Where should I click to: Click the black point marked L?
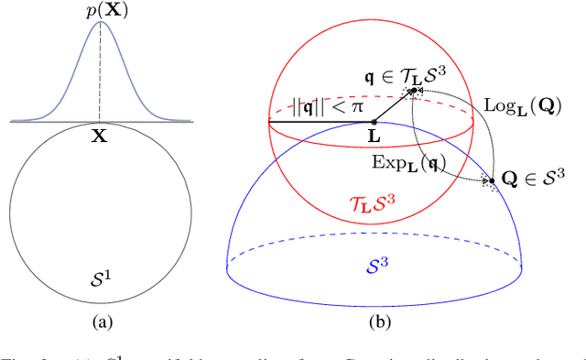tap(372, 120)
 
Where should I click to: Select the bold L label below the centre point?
tap(372, 135)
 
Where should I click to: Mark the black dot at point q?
tap(415, 65)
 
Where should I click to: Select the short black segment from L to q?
tap(394, 93)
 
